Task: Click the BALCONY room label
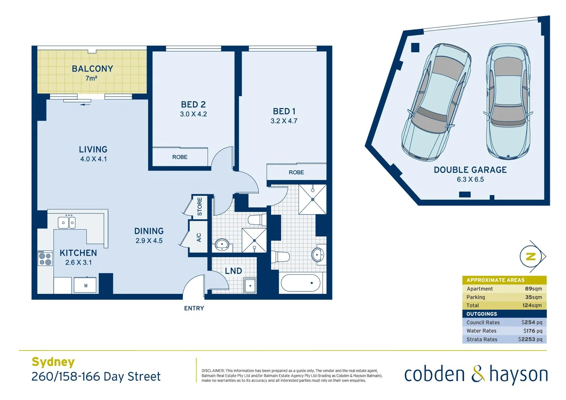click(x=92, y=69)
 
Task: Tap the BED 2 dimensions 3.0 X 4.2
click(x=193, y=114)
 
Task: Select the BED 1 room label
click(x=284, y=111)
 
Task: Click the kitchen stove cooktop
click(x=45, y=258)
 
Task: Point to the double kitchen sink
click(x=67, y=223)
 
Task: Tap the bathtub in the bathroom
click(x=300, y=283)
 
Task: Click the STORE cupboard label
click(x=200, y=206)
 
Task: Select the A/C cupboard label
click(x=199, y=237)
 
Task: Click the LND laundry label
click(x=233, y=271)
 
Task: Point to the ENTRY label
click(x=194, y=308)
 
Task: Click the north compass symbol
click(x=532, y=256)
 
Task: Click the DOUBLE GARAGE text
click(x=470, y=170)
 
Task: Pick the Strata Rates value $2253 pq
click(x=530, y=339)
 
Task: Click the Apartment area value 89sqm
click(x=533, y=289)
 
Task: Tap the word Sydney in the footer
click(x=53, y=362)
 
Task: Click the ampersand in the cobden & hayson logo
click(x=477, y=374)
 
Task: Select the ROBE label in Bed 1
click(x=296, y=172)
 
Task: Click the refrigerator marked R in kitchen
click(x=86, y=285)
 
